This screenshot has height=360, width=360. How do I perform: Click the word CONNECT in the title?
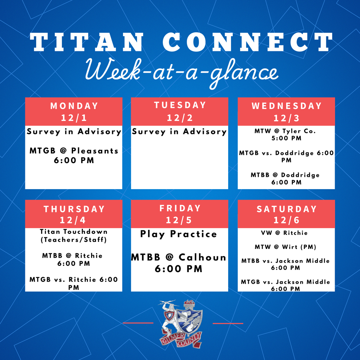click(248, 43)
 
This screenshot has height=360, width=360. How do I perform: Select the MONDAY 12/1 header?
click(74, 111)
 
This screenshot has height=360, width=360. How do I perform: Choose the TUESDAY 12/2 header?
click(180, 111)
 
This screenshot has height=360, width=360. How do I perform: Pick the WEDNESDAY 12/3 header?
click(286, 111)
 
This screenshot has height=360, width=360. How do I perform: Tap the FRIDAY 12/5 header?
click(180, 214)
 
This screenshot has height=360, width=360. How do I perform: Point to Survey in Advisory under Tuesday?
click(179, 132)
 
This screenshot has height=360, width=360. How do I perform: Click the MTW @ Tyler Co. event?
click(285, 135)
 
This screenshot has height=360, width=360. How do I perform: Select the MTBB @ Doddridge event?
click(285, 179)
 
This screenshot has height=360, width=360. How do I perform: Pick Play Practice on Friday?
click(179, 234)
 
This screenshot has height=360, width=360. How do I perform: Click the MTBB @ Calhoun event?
click(179, 263)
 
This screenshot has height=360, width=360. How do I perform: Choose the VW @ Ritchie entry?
click(285, 233)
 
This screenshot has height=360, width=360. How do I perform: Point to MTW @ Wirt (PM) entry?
click(285, 247)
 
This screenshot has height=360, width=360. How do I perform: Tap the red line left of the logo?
click(138, 323)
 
